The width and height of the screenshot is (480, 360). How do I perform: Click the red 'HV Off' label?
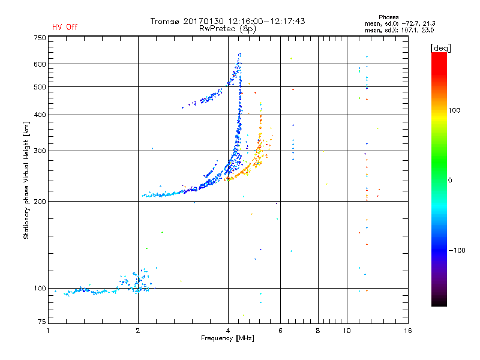65,27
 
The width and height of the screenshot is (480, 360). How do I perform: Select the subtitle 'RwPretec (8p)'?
227,29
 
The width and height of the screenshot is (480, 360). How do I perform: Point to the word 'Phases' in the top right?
388,17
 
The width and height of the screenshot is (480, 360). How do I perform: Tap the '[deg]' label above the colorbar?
440,48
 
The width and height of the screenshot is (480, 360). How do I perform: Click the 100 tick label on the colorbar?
454,110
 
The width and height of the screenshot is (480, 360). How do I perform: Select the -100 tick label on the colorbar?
457,250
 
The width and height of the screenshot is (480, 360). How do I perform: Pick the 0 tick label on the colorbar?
450,181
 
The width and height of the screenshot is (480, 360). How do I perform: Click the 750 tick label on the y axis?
40,38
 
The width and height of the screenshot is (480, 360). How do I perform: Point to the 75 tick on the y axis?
41,322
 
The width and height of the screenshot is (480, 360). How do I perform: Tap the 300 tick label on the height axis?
40,151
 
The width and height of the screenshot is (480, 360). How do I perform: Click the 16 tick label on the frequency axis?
408,331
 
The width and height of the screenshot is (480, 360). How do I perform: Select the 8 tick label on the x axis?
318,331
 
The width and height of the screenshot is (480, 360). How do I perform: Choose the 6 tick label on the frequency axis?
280,331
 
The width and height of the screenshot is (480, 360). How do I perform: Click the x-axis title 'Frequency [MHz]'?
227,338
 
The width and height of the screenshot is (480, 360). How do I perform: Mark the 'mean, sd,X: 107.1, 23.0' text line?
399,31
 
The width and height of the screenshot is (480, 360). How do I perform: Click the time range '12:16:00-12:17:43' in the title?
266,21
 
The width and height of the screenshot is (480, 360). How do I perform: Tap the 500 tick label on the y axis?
40,87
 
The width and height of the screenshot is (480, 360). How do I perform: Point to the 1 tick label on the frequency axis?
48,331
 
